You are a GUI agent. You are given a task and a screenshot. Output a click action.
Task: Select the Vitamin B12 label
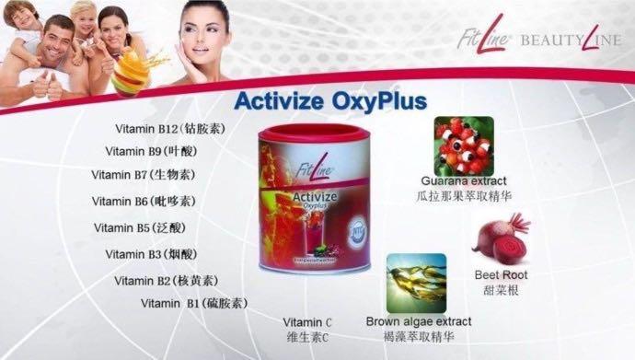tap(174, 129)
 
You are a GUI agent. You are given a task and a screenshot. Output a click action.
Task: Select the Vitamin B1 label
tap(193, 303)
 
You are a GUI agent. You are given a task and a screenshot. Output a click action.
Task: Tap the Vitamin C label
tap(307, 329)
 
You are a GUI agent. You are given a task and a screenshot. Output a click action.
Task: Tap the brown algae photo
tap(416, 283)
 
